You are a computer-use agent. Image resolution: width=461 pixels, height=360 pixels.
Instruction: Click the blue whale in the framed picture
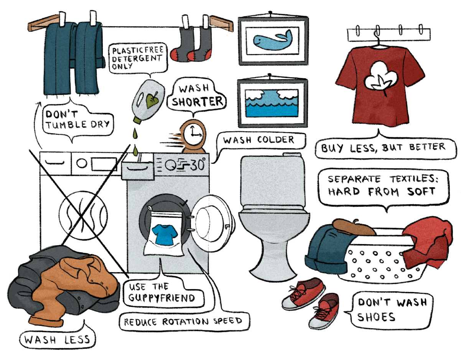(273, 40)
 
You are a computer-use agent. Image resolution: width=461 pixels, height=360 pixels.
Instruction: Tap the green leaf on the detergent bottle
(152, 100)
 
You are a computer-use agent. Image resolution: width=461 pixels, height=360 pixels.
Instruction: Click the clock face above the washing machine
(193, 134)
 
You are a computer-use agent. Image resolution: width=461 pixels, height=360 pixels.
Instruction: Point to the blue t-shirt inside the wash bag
(164, 235)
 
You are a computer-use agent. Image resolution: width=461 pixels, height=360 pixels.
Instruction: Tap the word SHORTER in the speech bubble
(197, 102)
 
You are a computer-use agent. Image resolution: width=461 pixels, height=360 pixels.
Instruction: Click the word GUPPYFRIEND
(162, 298)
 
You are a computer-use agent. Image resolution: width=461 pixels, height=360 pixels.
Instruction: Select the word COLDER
(276, 140)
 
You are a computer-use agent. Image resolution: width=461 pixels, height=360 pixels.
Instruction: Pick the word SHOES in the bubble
(376, 317)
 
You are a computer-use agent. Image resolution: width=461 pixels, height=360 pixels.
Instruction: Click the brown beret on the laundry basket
(353, 227)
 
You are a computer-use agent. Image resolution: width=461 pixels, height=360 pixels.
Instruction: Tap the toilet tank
(273, 181)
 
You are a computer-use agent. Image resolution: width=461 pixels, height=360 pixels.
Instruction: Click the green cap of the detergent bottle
(138, 120)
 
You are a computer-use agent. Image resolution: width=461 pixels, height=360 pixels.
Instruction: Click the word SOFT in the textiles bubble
(421, 192)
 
